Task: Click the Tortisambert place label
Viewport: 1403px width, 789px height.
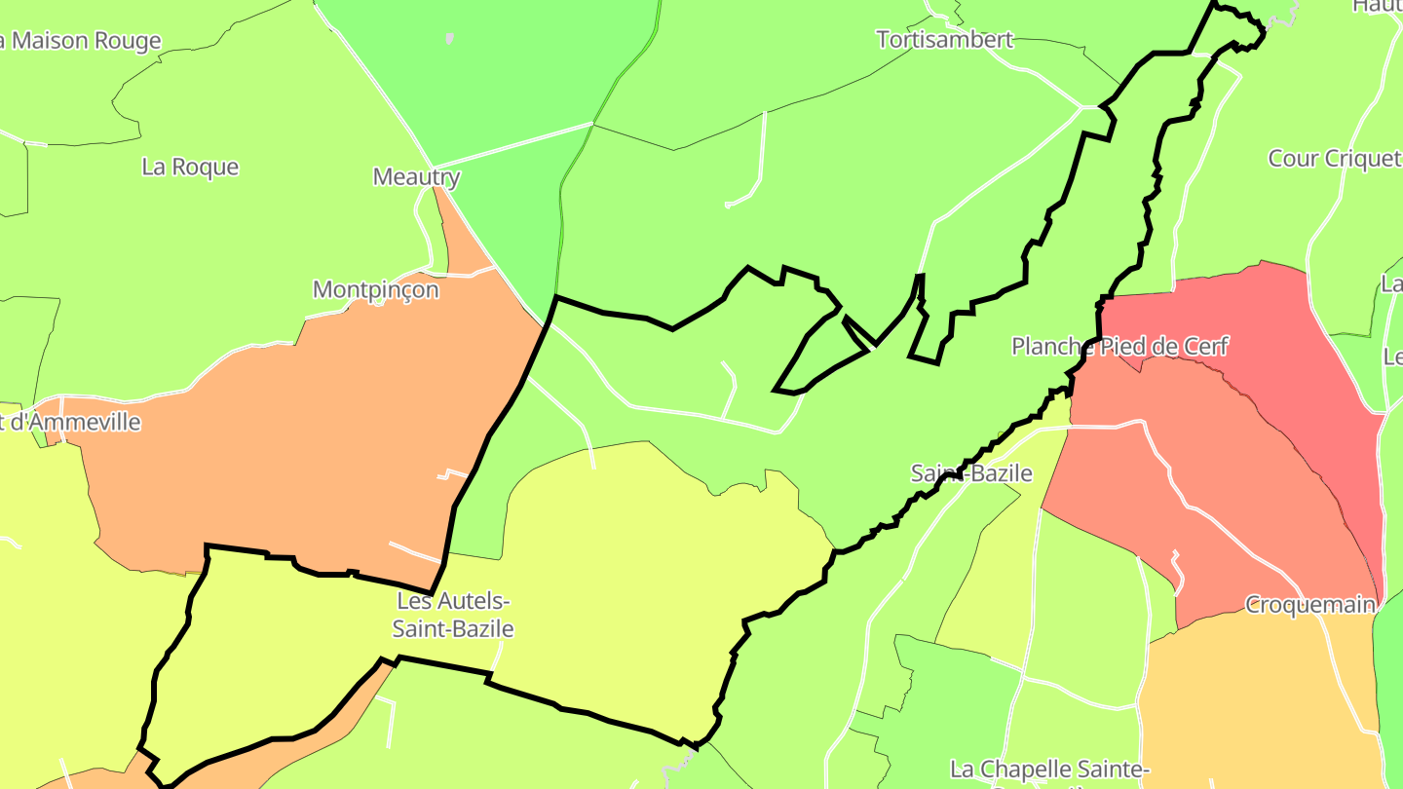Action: pyautogui.click(x=944, y=40)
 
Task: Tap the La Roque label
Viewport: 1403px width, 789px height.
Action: pyautogui.click(x=190, y=167)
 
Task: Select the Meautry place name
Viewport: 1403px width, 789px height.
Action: pyautogui.click(x=416, y=177)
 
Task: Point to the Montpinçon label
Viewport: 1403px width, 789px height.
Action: pyautogui.click(x=375, y=289)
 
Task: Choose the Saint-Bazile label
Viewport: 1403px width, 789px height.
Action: pyautogui.click(x=970, y=473)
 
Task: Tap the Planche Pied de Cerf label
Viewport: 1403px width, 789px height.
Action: pyautogui.click(x=1119, y=346)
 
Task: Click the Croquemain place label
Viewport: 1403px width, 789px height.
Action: pyautogui.click(x=1309, y=605)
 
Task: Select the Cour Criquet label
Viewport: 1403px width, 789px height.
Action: pyautogui.click(x=1334, y=158)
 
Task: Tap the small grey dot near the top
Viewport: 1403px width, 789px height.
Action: pyautogui.click(x=449, y=39)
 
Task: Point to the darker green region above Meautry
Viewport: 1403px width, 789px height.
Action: pyautogui.click(x=487, y=78)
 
